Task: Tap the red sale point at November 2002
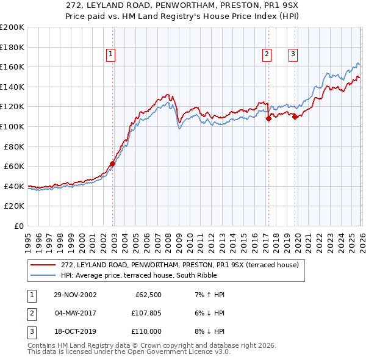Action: coord(113,164)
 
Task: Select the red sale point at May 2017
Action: coord(268,119)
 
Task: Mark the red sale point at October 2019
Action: coord(295,117)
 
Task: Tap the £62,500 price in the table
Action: coord(148,295)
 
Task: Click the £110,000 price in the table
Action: coord(146,331)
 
